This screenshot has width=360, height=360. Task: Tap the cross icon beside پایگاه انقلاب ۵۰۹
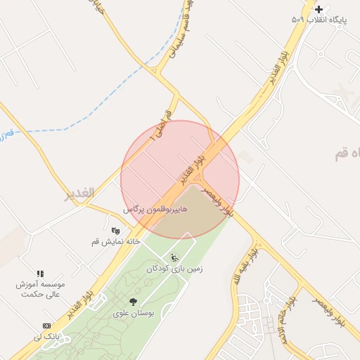(319, 9)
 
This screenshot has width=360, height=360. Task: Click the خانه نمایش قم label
(116, 241)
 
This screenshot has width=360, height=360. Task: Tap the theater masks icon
(115, 230)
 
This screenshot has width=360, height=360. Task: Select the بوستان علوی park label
(133, 313)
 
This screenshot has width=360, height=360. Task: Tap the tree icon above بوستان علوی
(133, 302)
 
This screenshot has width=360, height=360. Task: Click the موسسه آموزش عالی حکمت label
(41, 289)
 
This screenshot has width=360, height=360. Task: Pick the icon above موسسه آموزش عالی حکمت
(40, 274)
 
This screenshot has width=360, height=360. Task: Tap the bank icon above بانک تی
(46, 326)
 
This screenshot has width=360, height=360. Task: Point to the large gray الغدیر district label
(79, 195)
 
